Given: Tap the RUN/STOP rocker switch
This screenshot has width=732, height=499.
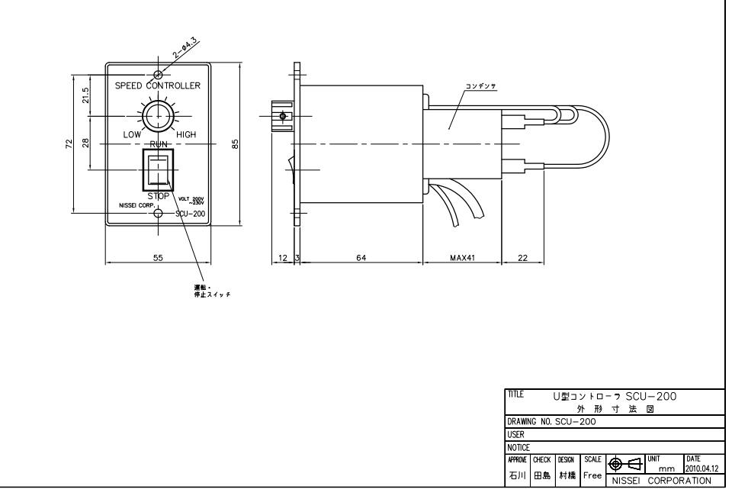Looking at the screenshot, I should coord(158,169).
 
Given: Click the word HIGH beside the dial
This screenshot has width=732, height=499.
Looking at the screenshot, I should coord(187,135).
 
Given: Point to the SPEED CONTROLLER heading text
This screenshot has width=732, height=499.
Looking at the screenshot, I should coord(158,85).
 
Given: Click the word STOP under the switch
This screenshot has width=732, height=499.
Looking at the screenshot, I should coord(158,195).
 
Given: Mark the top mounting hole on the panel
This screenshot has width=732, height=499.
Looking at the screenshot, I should coord(158,75).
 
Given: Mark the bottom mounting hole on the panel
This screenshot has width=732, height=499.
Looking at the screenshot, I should coord(158,213).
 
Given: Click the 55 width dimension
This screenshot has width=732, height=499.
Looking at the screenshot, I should coord(158,259).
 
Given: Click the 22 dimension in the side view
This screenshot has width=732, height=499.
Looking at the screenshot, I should coord(522,259).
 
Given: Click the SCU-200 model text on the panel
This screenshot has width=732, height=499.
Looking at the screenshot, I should coord(188,213).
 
